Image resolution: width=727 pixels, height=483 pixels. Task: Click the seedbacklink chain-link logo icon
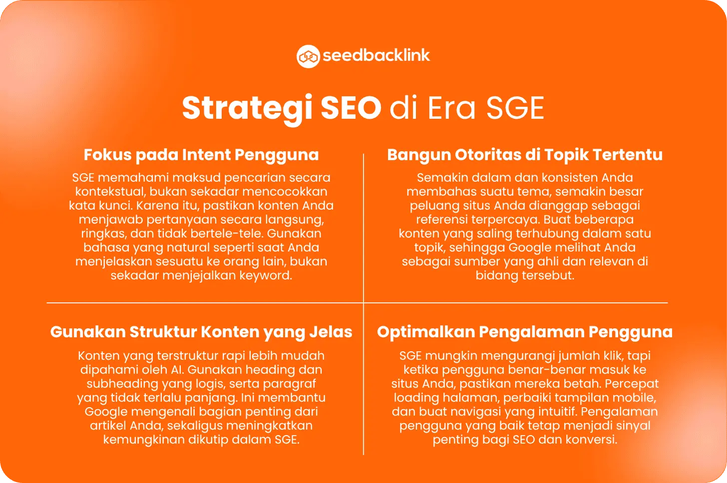[x=308, y=56]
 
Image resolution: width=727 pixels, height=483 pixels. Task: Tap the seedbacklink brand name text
[x=376, y=55]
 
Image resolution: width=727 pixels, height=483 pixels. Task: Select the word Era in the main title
[x=451, y=108]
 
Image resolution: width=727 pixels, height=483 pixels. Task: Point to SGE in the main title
[x=515, y=108]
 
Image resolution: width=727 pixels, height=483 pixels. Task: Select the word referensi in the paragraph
[x=442, y=220]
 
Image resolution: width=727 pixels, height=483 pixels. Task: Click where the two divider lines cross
[x=363, y=303]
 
